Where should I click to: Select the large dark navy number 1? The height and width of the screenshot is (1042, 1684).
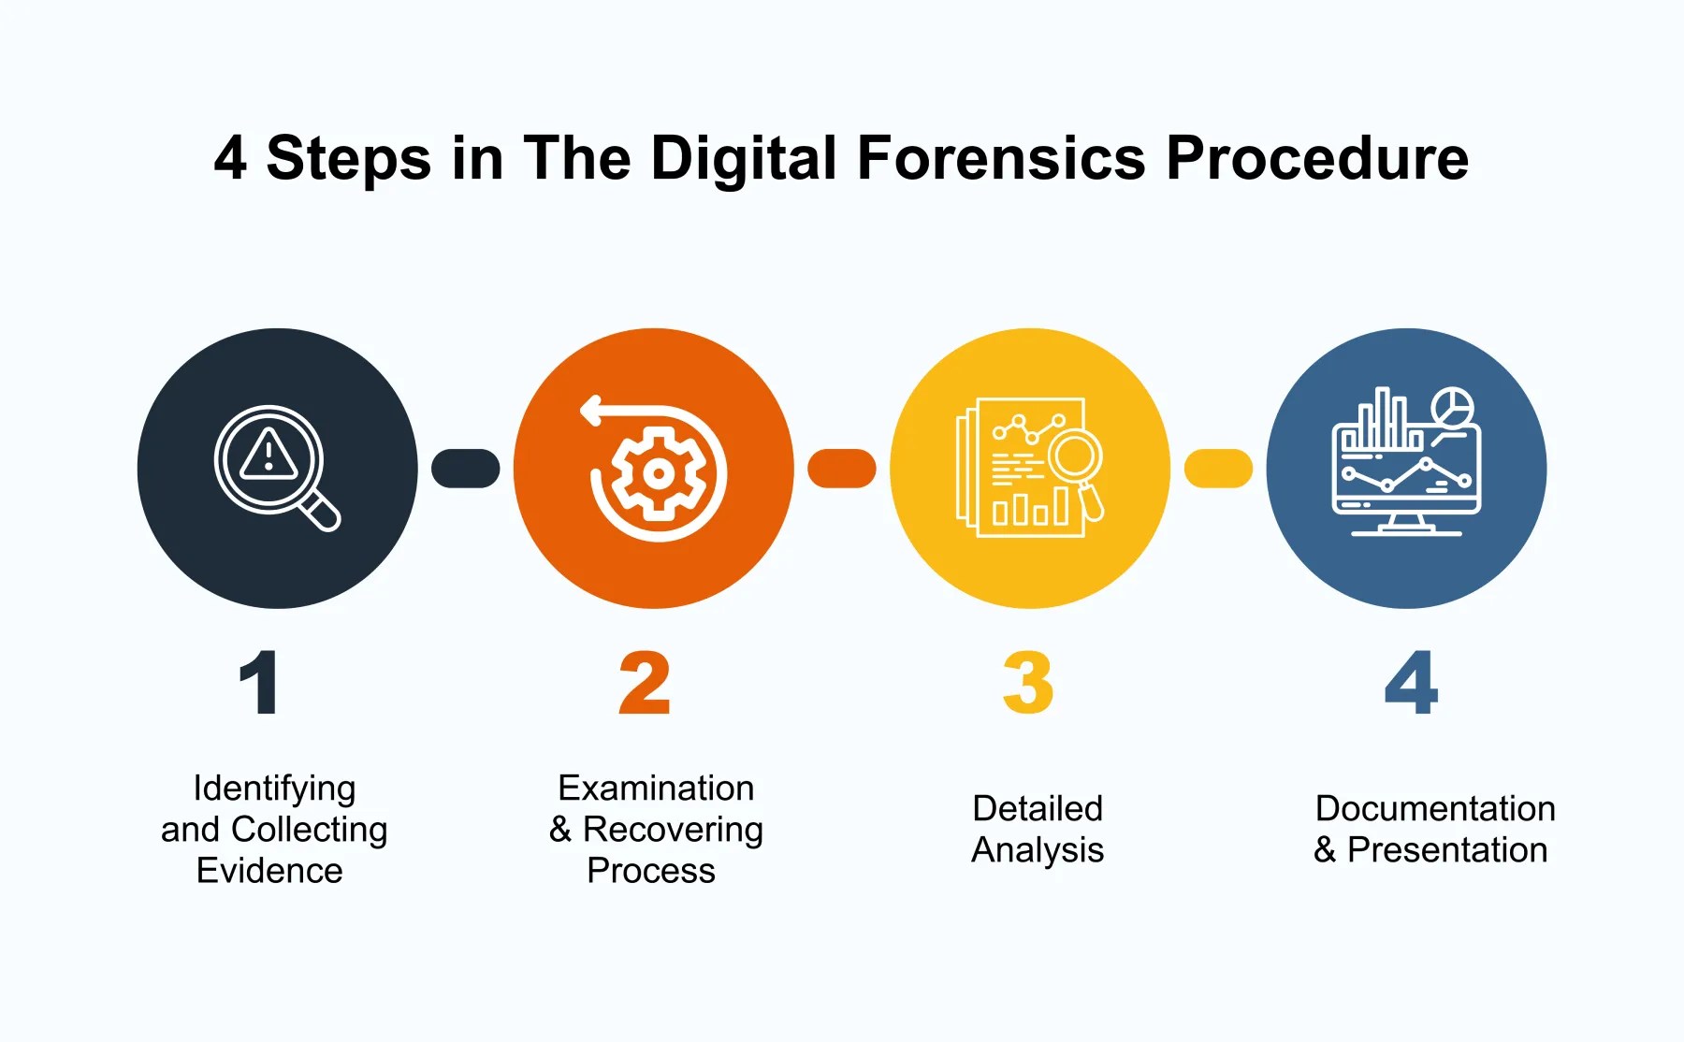(x=259, y=683)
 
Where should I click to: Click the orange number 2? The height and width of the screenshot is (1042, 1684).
(x=645, y=683)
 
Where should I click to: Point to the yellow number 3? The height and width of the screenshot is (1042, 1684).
(x=1027, y=683)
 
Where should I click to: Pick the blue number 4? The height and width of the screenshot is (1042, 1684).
(x=1411, y=683)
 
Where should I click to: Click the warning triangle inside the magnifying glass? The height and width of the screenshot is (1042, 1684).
(x=269, y=456)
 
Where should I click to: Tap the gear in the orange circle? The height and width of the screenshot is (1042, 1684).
(x=659, y=473)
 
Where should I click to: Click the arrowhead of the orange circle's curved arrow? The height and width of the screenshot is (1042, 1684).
(x=590, y=410)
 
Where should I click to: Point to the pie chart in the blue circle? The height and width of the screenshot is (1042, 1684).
(x=1452, y=407)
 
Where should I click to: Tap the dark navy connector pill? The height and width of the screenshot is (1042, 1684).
(x=465, y=469)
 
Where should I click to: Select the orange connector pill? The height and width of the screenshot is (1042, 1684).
(x=841, y=469)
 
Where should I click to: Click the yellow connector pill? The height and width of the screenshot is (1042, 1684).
(x=1218, y=469)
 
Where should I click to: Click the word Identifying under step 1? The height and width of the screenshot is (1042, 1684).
(x=274, y=789)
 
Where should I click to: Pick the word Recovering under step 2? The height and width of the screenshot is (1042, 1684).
(x=673, y=830)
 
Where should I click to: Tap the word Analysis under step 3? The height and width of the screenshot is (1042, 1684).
(x=1038, y=850)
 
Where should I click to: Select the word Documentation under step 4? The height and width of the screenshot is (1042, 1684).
(x=1435, y=808)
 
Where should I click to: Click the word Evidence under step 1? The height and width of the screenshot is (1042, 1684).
(x=269, y=871)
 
